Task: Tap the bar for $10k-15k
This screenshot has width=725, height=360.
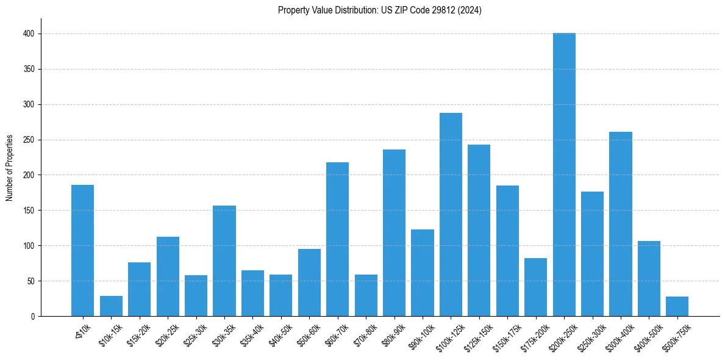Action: click(x=111, y=306)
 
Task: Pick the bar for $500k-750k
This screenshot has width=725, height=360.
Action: click(x=677, y=306)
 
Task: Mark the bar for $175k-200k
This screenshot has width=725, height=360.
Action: click(x=535, y=287)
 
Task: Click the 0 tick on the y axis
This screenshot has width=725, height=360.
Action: click(x=32, y=316)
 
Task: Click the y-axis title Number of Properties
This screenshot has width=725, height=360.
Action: click(x=10, y=168)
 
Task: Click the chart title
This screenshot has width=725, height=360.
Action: click(x=379, y=10)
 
